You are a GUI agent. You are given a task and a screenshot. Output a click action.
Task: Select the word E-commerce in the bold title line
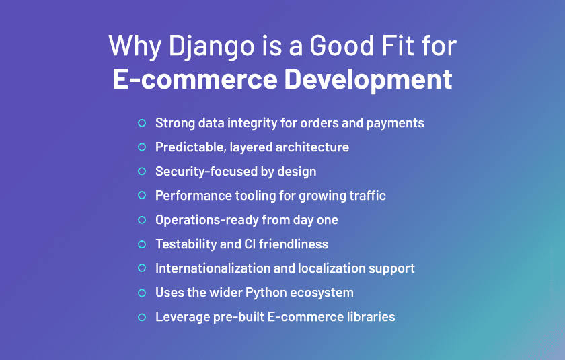point(194,79)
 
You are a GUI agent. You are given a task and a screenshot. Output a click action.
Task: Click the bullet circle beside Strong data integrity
point(142,123)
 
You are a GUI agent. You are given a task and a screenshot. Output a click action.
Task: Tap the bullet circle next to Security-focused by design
point(142,171)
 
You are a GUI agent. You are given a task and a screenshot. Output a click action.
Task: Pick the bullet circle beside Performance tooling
point(142,195)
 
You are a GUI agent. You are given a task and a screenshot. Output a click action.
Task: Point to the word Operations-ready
point(199,219)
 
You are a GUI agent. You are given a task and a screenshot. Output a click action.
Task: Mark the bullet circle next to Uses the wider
point(142,292)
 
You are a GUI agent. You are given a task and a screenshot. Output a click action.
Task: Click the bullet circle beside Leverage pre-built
point(142,316)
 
